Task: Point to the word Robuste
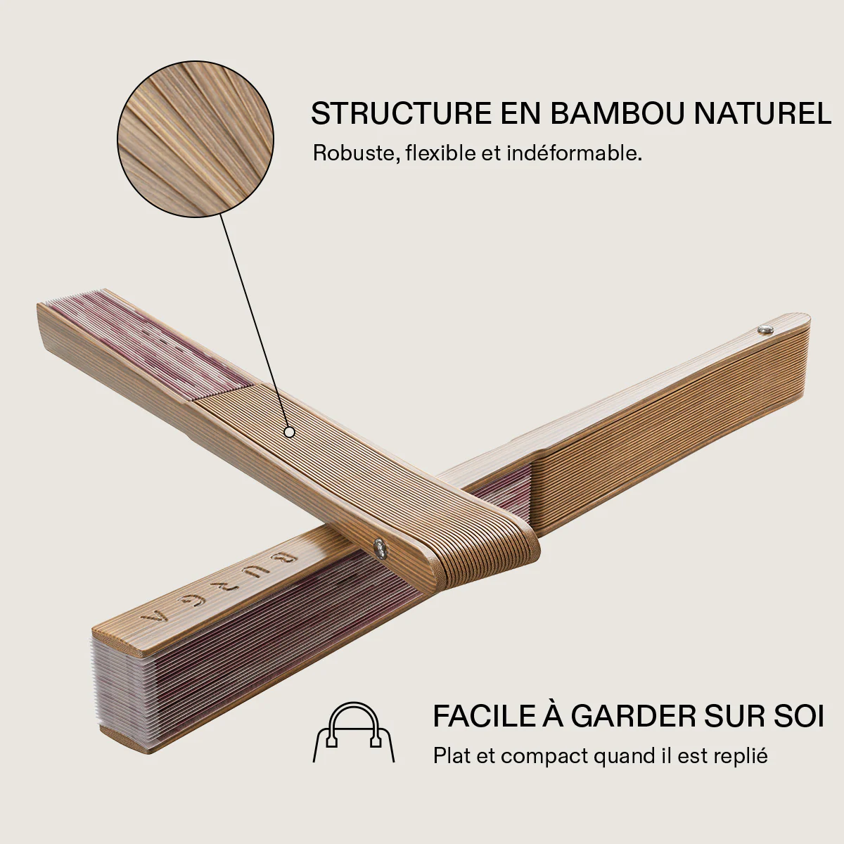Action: coord(356,154)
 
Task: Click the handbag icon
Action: coord(354,732)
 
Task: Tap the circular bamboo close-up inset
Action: coord(196,139)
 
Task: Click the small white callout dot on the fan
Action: coord(289,433)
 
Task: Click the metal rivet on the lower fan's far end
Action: coord(766,329)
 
